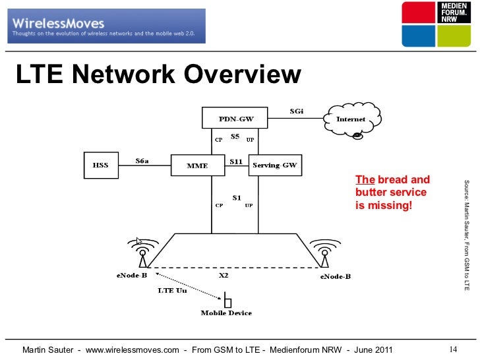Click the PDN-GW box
click(235, 119)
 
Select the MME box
click(198, 165)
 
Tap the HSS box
click(100, 165)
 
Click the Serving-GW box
click(275, 165)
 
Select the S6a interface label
click(143, 160)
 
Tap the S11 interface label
click(236, 160)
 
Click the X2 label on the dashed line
click(224, 276)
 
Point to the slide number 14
click(453, 349)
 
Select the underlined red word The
click(365, 180)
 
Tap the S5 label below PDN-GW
click(235, 137)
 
